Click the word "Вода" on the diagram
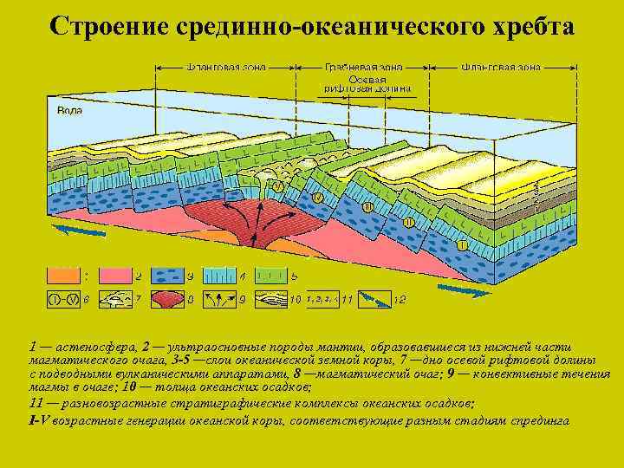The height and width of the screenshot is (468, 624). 70,111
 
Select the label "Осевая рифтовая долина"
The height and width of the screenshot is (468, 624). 367,84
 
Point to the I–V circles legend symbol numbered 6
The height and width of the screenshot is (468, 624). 63,300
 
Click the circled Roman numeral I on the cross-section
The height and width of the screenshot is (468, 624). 463,245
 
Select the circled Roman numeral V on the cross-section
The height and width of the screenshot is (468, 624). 277,186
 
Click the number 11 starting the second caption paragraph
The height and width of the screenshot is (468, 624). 36,403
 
